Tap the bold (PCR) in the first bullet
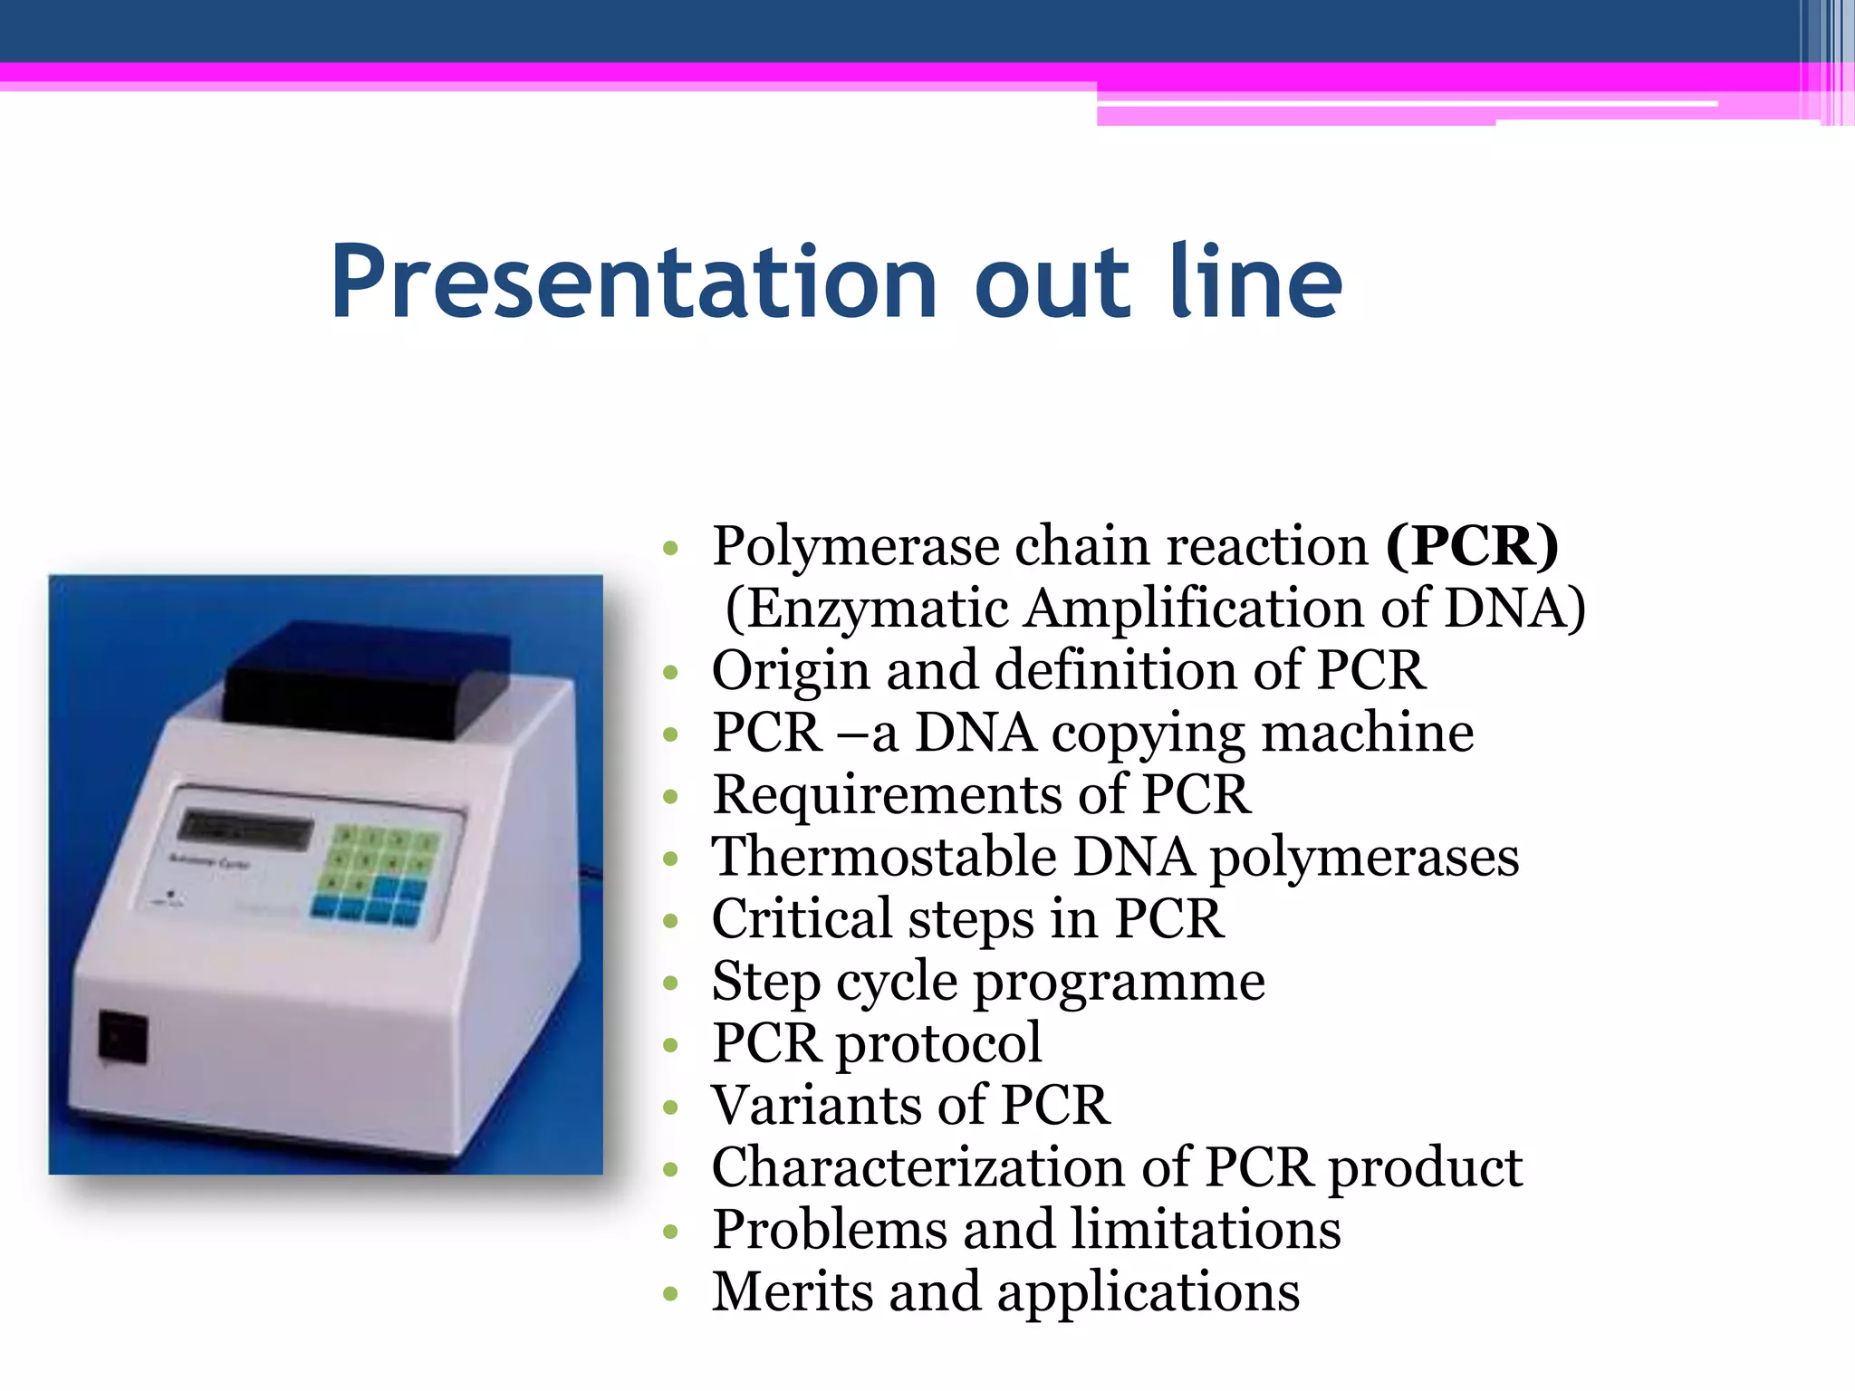click(1472, 546)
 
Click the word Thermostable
click(884, 857)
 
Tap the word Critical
click(802, 919)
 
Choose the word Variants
click(816, 1106)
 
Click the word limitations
click(1206, 1230)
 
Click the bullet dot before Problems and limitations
click(670, 1233)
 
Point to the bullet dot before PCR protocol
click(670, 1046)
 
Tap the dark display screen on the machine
click(245, 828)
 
